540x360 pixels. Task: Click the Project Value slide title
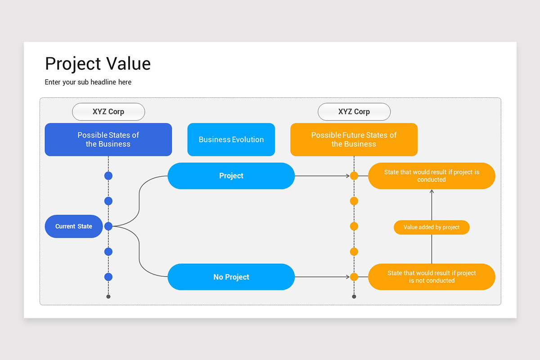coord(98,64)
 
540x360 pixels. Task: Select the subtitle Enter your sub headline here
coord(88,82)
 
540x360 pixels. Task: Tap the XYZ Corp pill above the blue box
coord(108,112)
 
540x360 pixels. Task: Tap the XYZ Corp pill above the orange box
coord(354,112)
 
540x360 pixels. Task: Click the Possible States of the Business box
coord(108,139)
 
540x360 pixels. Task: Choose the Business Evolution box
coord(231,139)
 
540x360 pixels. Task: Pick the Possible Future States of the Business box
coord(354,139)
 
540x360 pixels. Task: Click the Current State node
coord(74,226)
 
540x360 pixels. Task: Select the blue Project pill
coord(231,176)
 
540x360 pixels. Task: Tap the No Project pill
coord(231,277)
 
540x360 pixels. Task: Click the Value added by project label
coord(432,227)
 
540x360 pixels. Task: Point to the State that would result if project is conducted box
coord(432,176)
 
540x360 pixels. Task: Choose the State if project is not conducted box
coord(432,277)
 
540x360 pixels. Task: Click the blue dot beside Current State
coord(108,226)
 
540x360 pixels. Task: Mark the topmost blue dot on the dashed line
coord(108,176)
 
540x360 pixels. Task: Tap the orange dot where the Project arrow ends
coord(354,176)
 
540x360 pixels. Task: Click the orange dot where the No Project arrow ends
coord(354,277)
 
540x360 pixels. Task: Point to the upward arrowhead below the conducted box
coord(432,192)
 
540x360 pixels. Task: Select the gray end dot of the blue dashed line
coord(108,297)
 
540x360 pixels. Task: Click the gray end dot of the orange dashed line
coord(354,297)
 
